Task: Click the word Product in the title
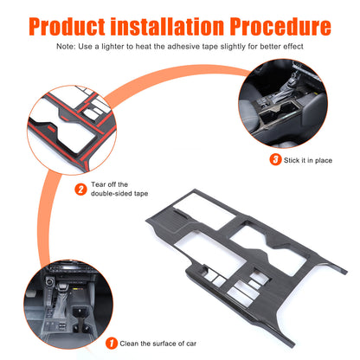[x=67, y=26]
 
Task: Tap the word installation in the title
[x=167, y=26]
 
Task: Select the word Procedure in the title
[x=280, y=26]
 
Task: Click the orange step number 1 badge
[x=112, y=344]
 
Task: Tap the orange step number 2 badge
[x=80, y=190]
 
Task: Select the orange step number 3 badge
[x=275, y=159]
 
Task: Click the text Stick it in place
[x=308, y=160]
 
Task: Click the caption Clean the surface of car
[x=158, y=344]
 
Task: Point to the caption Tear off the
[x=109, y=184]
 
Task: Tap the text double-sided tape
[x=119, y=194]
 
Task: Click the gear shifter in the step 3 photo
[x=289, y=87]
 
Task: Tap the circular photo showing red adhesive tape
[x=72, y=130]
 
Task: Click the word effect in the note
[x=293, y=47]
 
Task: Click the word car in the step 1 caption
[x=191, y=344]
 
